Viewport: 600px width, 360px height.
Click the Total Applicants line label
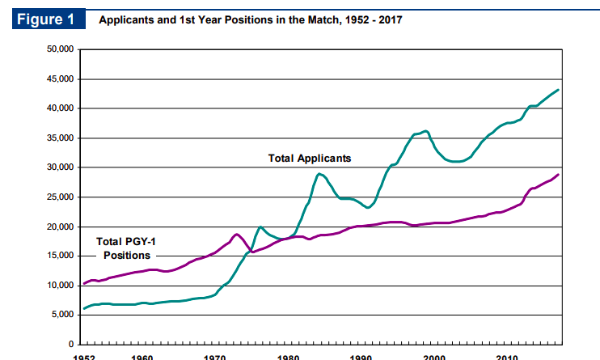coord(310,159)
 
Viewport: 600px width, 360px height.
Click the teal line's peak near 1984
coord(320,174)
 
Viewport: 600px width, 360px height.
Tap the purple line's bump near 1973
coord(237,234)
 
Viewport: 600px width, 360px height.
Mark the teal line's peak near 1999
coord(426,131)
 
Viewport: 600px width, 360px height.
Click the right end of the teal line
coord(559,90)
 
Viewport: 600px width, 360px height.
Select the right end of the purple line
coord(559,175)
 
